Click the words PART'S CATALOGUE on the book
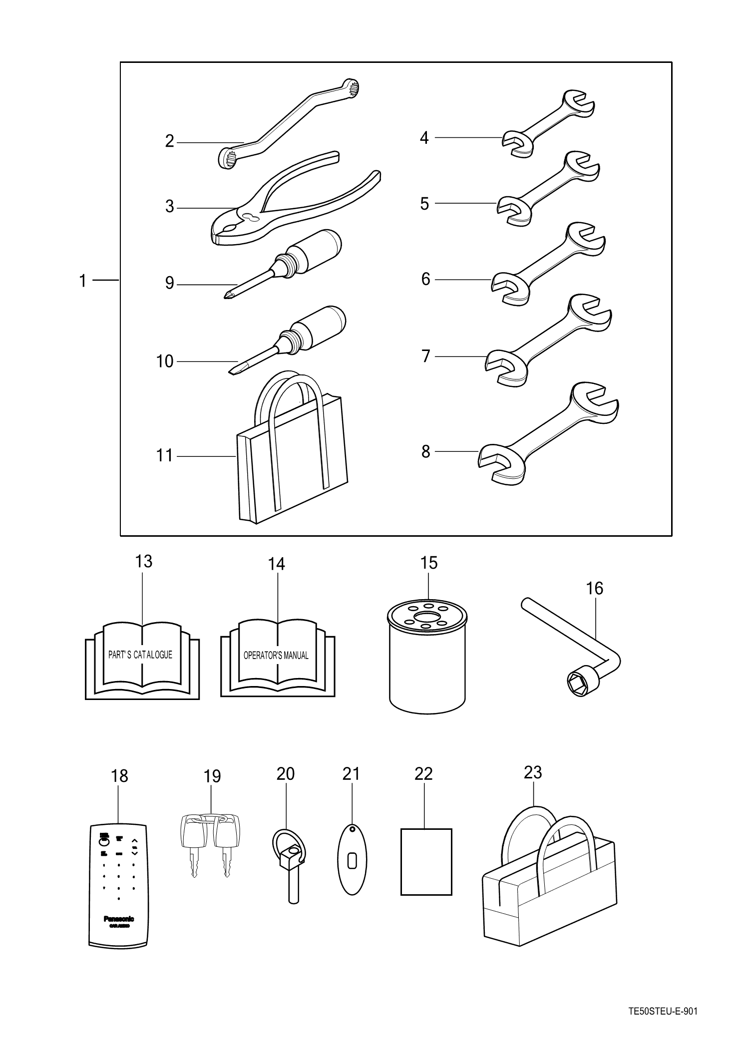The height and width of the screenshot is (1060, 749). point(140,655)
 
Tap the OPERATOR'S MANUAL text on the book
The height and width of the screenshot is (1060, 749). point(276,656)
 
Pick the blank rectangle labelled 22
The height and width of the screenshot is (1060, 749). point(426,861)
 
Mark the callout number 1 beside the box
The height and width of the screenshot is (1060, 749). point(83,281)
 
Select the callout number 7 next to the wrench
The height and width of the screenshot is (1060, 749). point(426,356)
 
